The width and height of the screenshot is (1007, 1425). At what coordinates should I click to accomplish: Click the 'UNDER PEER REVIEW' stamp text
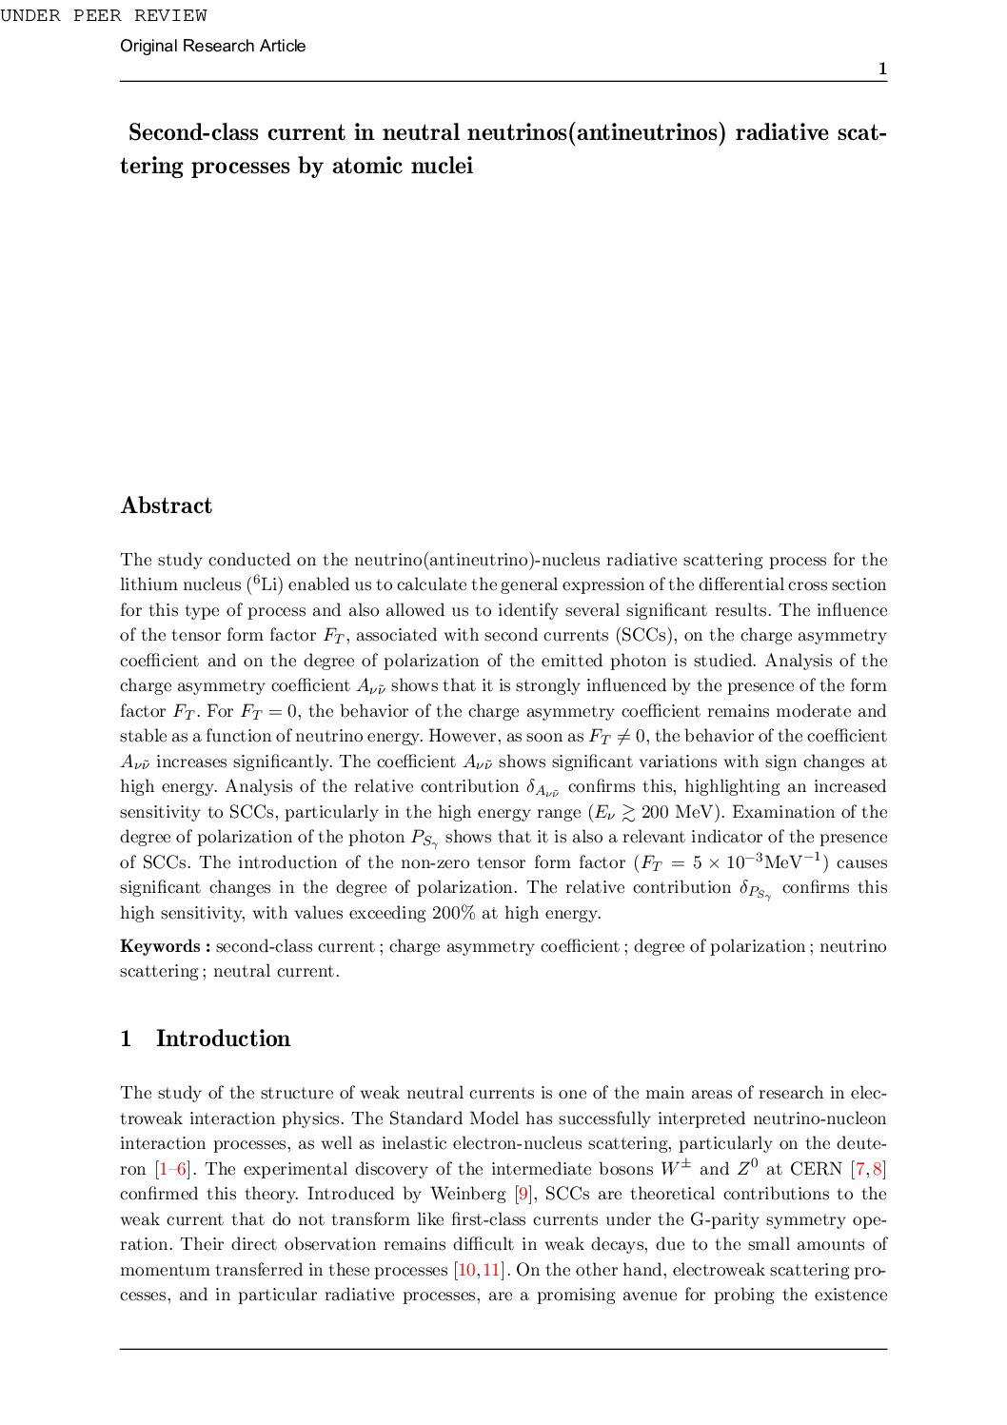coord(104,15)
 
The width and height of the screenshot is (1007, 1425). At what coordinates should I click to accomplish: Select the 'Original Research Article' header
coord(212,46)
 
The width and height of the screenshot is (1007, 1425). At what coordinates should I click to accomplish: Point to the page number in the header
coord(882,69)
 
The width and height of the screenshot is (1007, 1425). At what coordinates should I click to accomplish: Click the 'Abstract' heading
coord(167,505)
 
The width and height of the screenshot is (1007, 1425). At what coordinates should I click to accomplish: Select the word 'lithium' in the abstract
coord(147,584)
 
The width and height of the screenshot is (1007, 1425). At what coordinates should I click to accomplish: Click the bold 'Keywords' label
coord(160,946)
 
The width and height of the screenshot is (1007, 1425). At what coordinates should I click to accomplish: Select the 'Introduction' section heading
coord(223,1039)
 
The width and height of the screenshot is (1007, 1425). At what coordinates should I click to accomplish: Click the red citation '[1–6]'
coord(173,1169)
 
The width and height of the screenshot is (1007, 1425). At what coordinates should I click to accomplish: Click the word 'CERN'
coord(816,1169)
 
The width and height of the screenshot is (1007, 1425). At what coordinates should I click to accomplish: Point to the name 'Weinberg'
coord(467,1194)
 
